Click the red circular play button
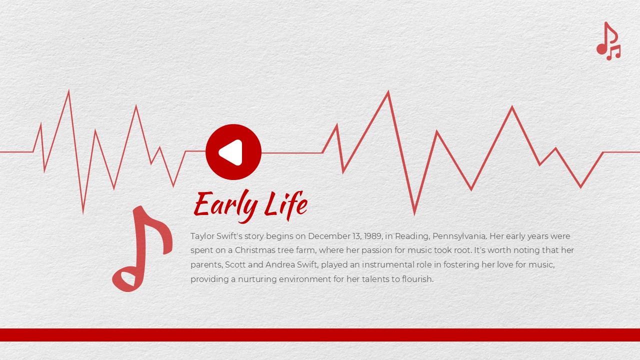coord(233,151)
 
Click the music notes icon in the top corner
coord(608,41)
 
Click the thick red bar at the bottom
coord(320,334)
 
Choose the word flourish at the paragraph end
coord(417,279)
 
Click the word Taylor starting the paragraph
coord(201,236)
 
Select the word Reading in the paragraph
coord(412,236)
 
